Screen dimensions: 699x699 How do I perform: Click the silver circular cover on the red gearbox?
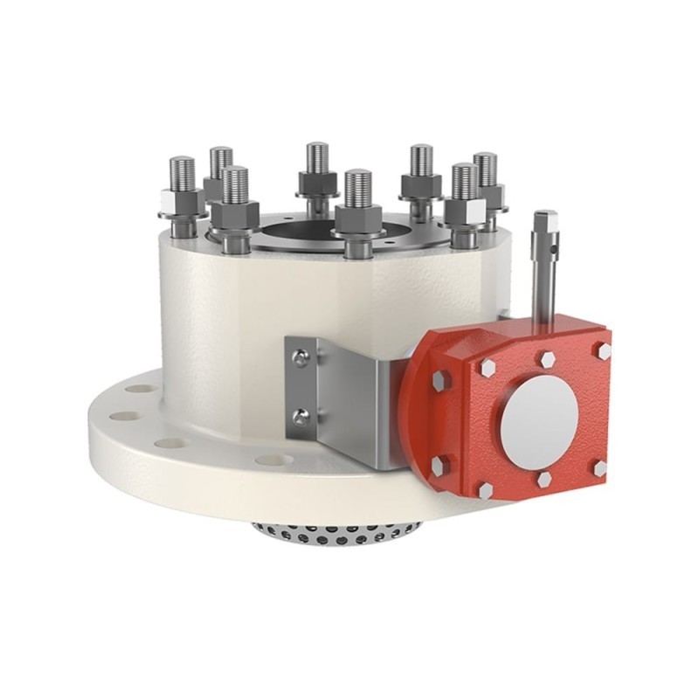click(x=538, y=420)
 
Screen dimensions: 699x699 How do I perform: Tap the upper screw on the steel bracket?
click(x=301, y=356)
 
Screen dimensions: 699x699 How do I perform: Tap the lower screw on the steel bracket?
click(x=301, y=418)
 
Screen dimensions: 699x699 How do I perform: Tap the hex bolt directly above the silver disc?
click(x=546, y=359)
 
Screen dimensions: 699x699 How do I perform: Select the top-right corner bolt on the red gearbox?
click(x=602, y=350)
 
